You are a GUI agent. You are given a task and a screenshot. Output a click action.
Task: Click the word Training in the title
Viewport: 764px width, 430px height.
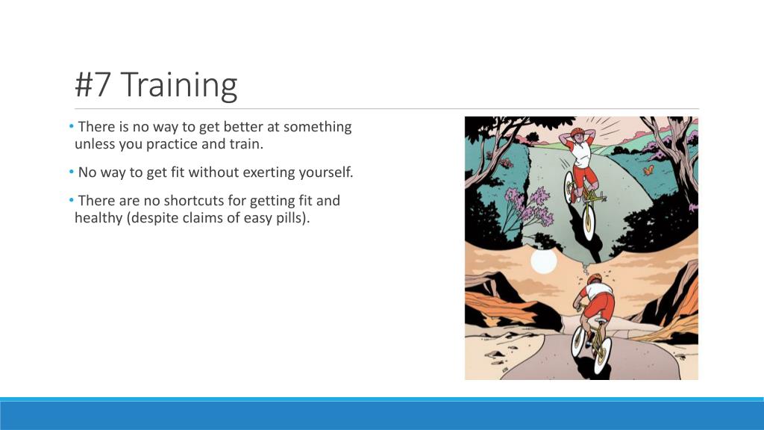(x=178, y=85)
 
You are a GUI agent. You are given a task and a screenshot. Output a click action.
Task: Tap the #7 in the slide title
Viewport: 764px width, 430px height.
(x=94, y=85)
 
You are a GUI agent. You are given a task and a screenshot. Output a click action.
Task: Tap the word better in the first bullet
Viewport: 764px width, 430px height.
(x=239, y=127)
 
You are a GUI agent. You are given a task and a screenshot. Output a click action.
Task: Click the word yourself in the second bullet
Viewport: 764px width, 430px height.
(x=326, y=172)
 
